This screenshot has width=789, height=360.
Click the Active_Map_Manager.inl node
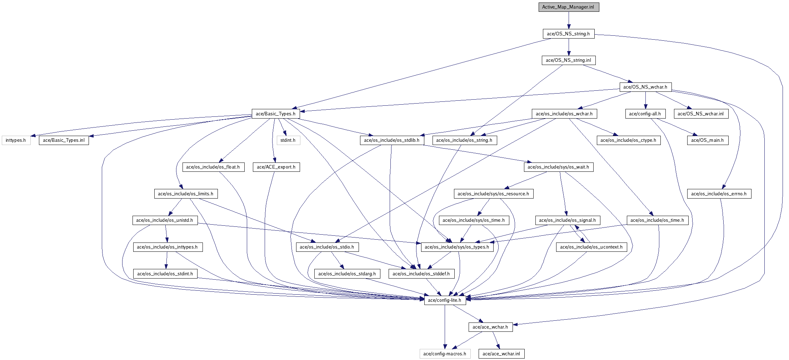coord(569,7)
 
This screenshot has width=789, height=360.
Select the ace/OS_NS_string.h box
coord(569,34)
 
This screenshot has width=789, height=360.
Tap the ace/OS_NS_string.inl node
coord(569,60)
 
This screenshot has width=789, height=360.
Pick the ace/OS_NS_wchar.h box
coord(645,87)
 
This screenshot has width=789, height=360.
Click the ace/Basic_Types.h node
coord(275,114)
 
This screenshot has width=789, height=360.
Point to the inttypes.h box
coord(16,140)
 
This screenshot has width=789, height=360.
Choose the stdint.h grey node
coord(288,140)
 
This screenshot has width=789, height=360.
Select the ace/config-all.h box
coord(645,114)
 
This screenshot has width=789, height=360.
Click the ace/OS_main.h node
coord(707,140)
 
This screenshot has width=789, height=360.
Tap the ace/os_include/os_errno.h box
coord(719,194)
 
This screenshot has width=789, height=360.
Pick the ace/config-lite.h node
coord(445,300)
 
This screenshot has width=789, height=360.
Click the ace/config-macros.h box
coord(445,354)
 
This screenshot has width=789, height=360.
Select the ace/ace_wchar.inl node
coord(501,354)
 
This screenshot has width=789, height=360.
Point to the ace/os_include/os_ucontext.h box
coord(591,247)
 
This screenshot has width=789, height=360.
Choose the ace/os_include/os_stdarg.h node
coord(347,274)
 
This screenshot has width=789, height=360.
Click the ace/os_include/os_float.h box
coord(213,167)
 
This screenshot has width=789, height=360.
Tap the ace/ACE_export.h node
coord(276,167)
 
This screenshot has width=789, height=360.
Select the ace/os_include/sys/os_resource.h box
coord(493,194)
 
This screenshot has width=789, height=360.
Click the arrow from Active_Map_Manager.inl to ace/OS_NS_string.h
coord(569,20)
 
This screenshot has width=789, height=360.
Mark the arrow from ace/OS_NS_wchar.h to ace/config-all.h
coord(645,100)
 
